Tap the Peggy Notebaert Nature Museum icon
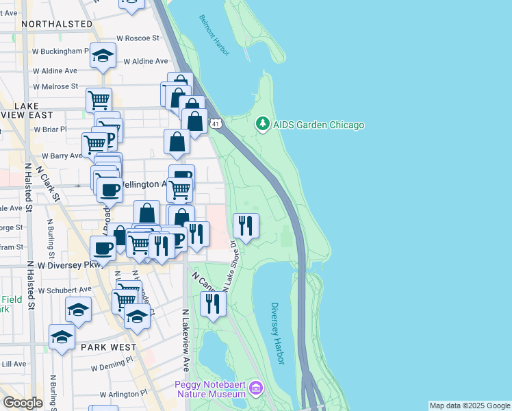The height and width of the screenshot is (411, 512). point(257,389)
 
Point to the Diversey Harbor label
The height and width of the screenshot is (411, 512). point(276,324)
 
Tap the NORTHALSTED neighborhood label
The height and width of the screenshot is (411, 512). point(57,24)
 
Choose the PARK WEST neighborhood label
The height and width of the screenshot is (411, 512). point(108,347)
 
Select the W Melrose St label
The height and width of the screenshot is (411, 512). point(55,86)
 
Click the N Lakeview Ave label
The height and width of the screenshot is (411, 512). point(185,340)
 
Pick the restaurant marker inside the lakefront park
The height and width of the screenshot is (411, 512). point(246,225)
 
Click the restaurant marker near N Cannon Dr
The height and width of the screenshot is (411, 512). point(213,303)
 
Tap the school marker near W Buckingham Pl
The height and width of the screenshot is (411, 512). point(103,55)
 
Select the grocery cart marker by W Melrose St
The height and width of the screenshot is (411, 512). point(99,100)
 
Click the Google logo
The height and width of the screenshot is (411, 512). point(23,403)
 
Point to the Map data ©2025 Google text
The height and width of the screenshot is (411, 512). point(470,406)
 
